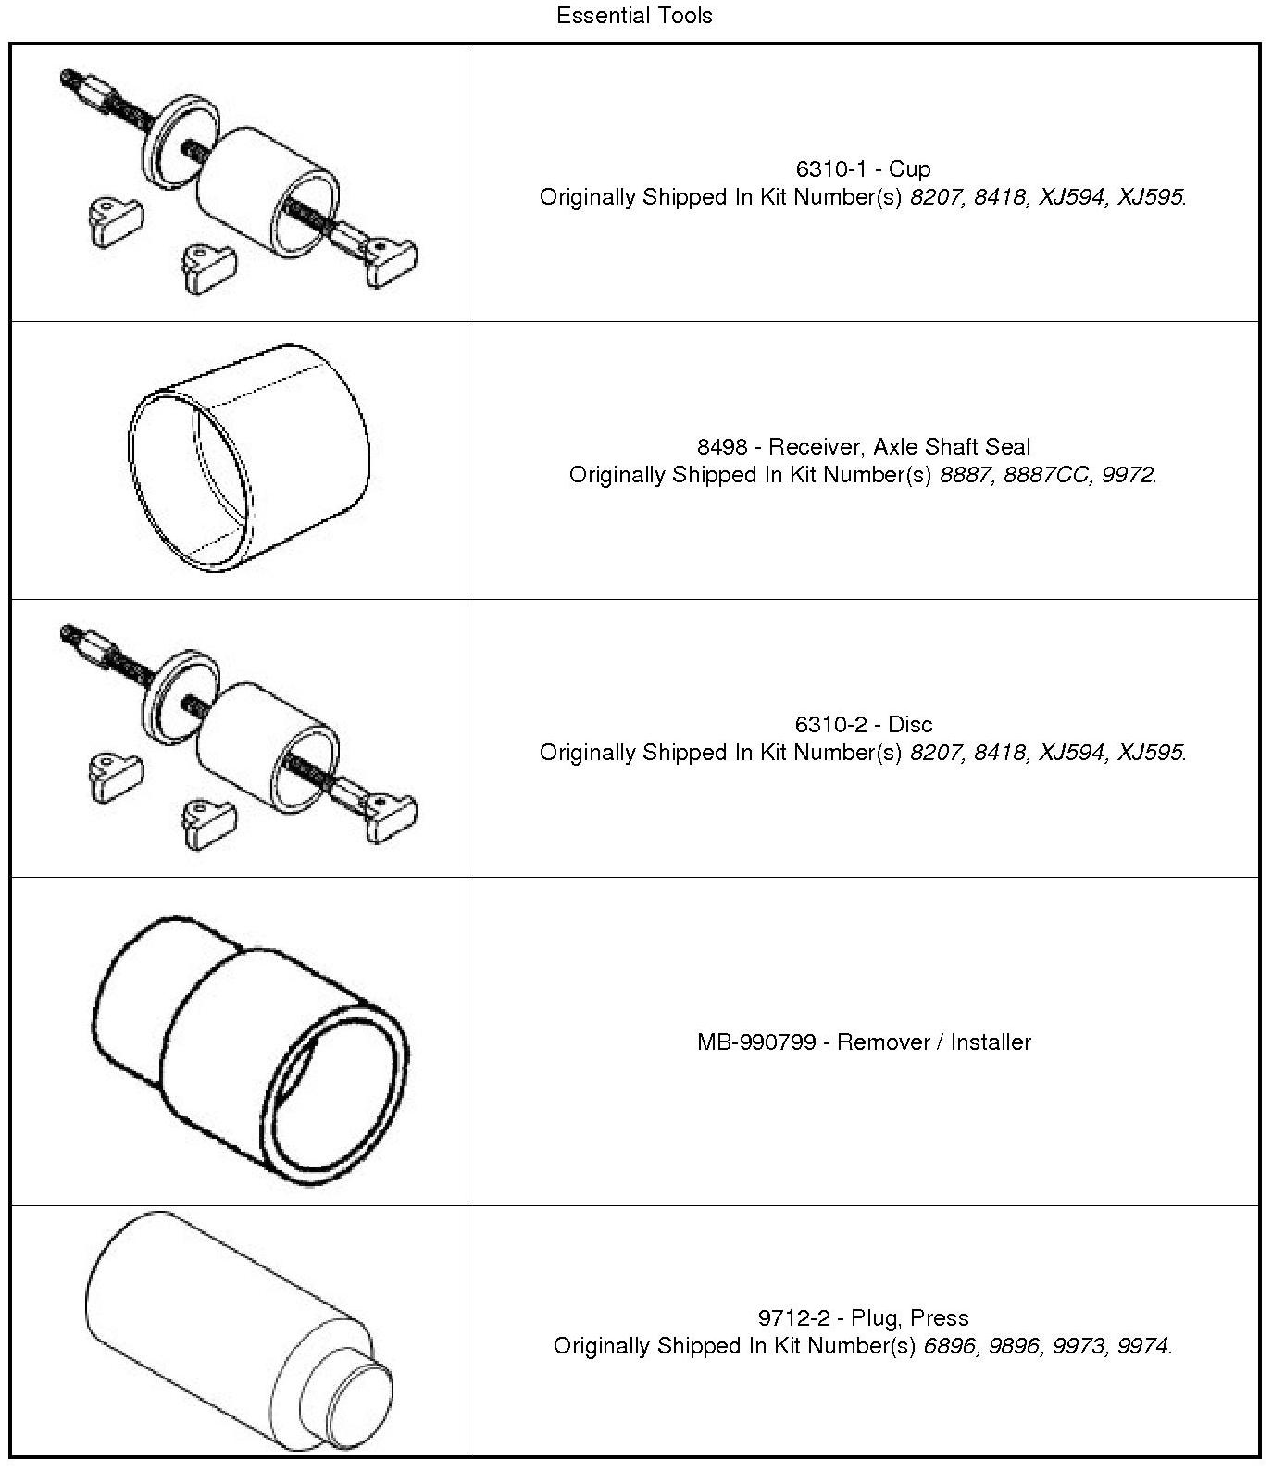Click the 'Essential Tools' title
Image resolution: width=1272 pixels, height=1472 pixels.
pyautogui.click(x=634, y=16)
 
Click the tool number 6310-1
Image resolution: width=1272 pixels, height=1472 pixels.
pyautogui.click(x=829, y=169)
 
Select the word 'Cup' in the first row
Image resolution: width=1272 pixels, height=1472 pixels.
pyautogui.click(x=909, y=169)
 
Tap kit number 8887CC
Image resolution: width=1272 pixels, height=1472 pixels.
pyautogui.click(x=1046, y=475)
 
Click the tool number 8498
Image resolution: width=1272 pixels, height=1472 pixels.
pyautogui.click(x=721, y=447)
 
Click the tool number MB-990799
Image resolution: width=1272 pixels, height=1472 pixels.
pyautogui.click(x=755, y=1042)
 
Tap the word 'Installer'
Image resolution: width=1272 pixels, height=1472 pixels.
pyautogui.click(x=991, y=1042)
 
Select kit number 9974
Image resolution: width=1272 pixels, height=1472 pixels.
pyautogui.click(x=1142, y=1346)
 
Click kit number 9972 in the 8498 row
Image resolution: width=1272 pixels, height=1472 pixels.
pyautogui.click(x=1127, y=475)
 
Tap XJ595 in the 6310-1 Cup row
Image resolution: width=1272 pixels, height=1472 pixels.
pyautogui.click(x=1150, y=197)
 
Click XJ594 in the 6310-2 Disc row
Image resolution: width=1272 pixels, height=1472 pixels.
pyautogui.click(x=1072, y=753)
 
